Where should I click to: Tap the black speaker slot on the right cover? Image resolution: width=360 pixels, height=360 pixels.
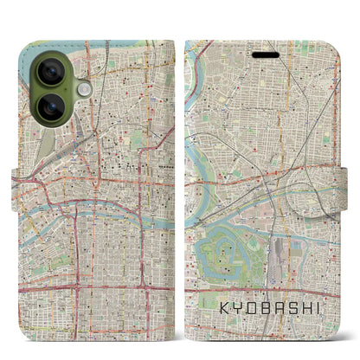pyautogui.click(x=266, y=55)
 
